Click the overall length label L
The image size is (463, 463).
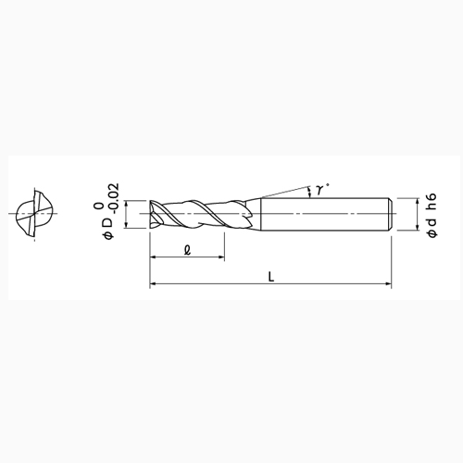(x=271, y=276)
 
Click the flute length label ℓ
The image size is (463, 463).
(x=187, y=250)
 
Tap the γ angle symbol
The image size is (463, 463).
(x=319, y=190)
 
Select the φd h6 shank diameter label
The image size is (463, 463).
(x=432, y=215)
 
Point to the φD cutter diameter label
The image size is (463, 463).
(x=108, y=228)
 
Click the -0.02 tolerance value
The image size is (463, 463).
(x=114, y=199)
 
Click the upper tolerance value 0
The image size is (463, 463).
(x=99, y=206)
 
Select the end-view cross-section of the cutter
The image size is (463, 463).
(x=34, y=214)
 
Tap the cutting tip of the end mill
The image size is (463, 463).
(x=151, y=214)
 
